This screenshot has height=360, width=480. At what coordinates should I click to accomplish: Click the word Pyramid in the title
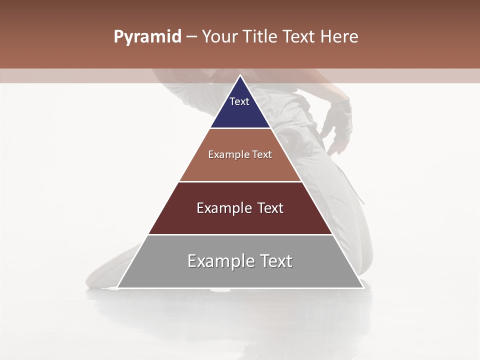(x=147, y=37)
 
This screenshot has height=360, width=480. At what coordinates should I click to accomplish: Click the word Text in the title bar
(x=299, y=36)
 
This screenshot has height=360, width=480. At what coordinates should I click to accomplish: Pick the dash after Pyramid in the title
(x=191, y=37)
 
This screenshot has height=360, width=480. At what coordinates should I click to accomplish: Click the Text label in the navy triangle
(x=239, y=101)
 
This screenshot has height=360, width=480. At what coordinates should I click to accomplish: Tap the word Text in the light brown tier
(x=262, y=154)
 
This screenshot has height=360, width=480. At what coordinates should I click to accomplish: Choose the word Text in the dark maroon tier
(x=270, y=208)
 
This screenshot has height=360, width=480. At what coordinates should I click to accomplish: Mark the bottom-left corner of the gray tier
(x=117, y=287)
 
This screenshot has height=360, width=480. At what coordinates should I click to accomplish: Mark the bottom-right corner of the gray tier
(x=363, y=287)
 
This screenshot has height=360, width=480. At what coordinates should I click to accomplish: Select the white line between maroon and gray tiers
(x=240, y=234)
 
